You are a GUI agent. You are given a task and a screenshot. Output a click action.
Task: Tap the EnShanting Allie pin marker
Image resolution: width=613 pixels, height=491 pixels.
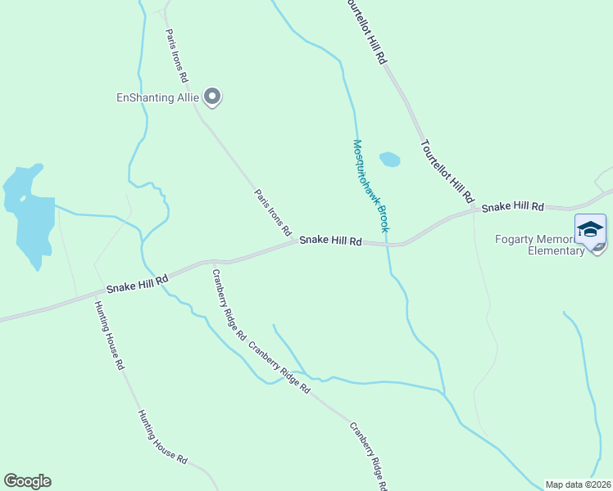pyautogui.click(x=213, y=97)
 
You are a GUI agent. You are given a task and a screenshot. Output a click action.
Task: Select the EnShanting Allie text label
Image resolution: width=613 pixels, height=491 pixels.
pyautogui.click(x=158, y=97)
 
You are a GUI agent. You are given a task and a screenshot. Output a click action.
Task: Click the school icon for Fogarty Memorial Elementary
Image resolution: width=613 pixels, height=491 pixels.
pyautogui.click(x=590, y=230)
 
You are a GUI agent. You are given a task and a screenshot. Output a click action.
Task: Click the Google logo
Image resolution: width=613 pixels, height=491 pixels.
pyautogui.click(x=27, y=481)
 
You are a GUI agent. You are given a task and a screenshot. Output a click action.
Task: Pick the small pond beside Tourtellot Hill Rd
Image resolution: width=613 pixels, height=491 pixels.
pyautogui.click(x=389, y=160)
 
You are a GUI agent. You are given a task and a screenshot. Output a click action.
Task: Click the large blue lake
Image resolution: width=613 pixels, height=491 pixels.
pyautogui.click(x=28, y=214)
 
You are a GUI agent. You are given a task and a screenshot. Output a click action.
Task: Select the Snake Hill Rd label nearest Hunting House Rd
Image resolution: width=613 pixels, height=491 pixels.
pyautogui.click(x=138, y=284)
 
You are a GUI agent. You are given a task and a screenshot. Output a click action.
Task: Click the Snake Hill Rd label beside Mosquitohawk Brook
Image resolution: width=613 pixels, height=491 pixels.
pyautogui.click(x=330, y=241)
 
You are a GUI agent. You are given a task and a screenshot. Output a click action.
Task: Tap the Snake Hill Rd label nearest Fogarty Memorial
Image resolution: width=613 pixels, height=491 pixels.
pyautogui.click(x=513, y=207)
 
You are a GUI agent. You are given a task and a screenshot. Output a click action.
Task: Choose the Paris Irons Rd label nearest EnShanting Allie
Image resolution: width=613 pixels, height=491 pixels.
pyautogui.click(x=177, y=56)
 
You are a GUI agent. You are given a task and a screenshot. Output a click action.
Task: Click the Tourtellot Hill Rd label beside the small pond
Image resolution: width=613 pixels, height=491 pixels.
pyautogui.click(x=447, y=171)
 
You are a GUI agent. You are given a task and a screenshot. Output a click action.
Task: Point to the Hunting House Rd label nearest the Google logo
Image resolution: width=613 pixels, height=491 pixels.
pyautogui.click(x=163, y=437)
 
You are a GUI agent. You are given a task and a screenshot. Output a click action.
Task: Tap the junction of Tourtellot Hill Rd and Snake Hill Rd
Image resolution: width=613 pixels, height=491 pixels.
pyautogui.click(x=478, y=210)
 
